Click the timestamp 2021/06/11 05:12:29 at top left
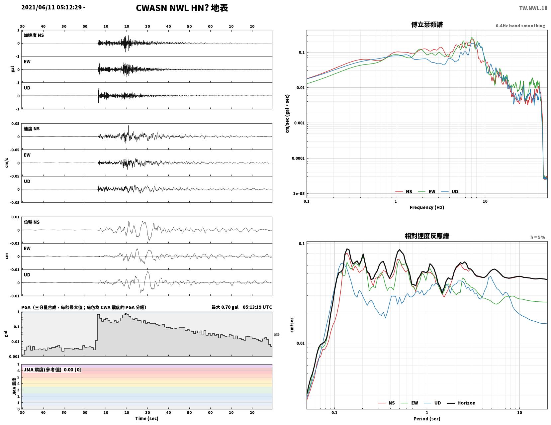pos(51,7)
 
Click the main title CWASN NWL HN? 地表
pos(182,8)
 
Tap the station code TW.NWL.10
pos(533,8)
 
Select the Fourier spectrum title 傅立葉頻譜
pos(427,25)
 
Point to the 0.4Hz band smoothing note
pos(520,26)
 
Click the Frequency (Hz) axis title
pos(426,207)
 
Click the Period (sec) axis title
pos(426,419)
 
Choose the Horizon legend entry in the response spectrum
pos(461,403)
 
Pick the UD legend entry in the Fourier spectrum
pos(450,192)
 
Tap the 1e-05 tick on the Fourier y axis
pos(299,194)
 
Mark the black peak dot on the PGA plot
pos(126,314)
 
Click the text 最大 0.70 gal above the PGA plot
pos(225,307)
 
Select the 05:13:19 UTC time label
pos(257,307)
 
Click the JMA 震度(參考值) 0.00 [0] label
pos(52,370)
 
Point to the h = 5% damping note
pos(537,237)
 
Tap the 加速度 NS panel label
pos(34,35)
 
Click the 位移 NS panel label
pos(32,222)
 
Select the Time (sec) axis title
pos(146,418)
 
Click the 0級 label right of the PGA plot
pos(276,335)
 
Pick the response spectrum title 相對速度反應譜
pos(427,236)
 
